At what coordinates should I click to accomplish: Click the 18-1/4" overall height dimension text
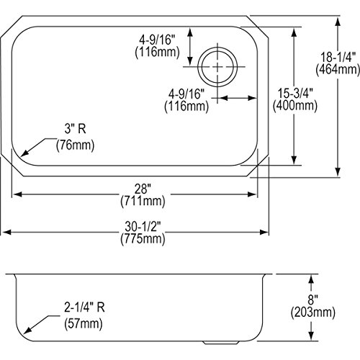click(x=338, y=58)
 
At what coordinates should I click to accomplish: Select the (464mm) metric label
click(x=338, y=70)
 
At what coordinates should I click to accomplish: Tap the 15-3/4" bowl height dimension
click(x=295, y=93)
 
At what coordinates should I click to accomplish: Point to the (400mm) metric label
click(x=295, y=106)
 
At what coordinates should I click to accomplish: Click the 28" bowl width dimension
click(x=143, y=189)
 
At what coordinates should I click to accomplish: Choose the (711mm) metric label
click(x=143, y=201)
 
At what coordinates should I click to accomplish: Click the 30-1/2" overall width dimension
click(x=143, y=226)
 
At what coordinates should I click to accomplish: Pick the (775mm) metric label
click(x=143, y=239)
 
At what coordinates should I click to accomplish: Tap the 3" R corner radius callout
click(x=75, y=129)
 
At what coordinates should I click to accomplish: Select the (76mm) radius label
click(x=75, y=145)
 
